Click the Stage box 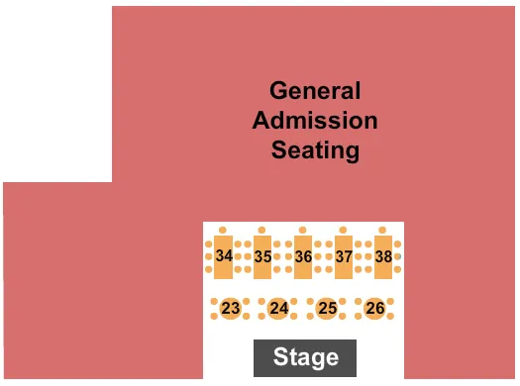304,357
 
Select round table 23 231,308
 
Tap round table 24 279,308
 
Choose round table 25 327,308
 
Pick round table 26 374,308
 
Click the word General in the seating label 315,92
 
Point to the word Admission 315,122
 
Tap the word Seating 315,151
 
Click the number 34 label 224,256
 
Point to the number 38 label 383,256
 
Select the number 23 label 231,309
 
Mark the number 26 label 374,309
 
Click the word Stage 306,357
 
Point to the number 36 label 303,256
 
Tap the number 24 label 279,309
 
